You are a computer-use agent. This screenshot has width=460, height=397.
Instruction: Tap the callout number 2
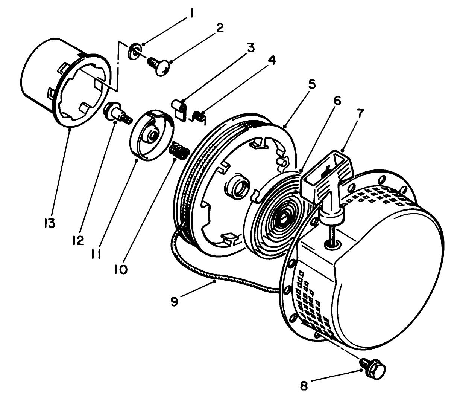point(219,29)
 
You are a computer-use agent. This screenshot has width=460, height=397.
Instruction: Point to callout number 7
point(360,115)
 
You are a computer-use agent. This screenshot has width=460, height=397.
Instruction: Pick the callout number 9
point(173,301)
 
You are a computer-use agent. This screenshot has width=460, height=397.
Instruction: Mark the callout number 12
point(78,240)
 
